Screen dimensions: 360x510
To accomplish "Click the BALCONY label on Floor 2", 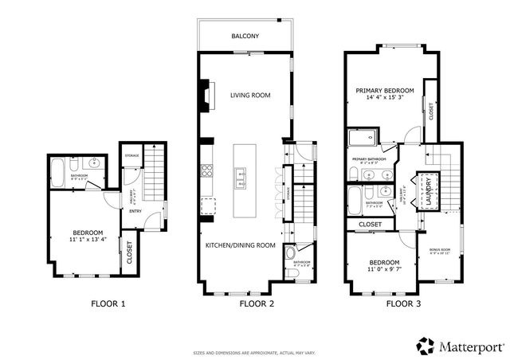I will (245, 37).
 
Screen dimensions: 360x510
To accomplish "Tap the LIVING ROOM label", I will (250, 96).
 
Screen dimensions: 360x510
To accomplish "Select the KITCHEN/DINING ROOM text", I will (241, 245).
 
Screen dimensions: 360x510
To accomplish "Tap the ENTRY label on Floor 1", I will (136, 211).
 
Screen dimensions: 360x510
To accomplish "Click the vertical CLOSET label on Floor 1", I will (128, 251).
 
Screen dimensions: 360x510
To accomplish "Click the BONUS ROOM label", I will (440, 250).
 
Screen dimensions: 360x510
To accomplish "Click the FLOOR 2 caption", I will (257, 303).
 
